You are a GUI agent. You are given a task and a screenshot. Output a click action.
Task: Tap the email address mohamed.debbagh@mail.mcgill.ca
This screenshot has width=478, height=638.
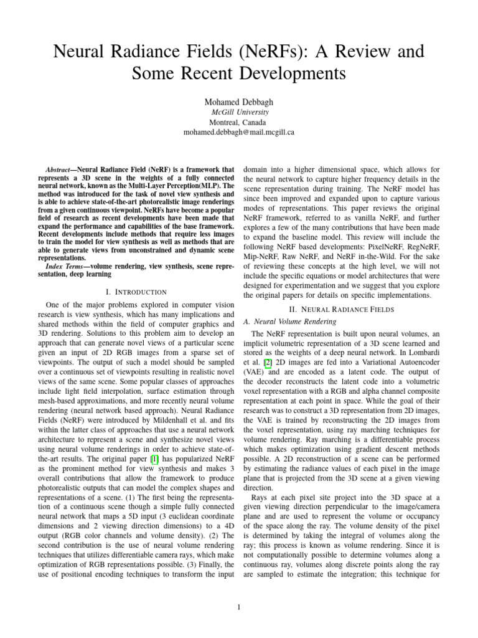(x=238, y=133)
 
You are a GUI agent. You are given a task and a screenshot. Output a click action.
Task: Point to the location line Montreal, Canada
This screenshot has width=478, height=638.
(x=238, y=122)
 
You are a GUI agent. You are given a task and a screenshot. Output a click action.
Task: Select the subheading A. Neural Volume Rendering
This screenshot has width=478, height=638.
(x=289, y=321)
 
